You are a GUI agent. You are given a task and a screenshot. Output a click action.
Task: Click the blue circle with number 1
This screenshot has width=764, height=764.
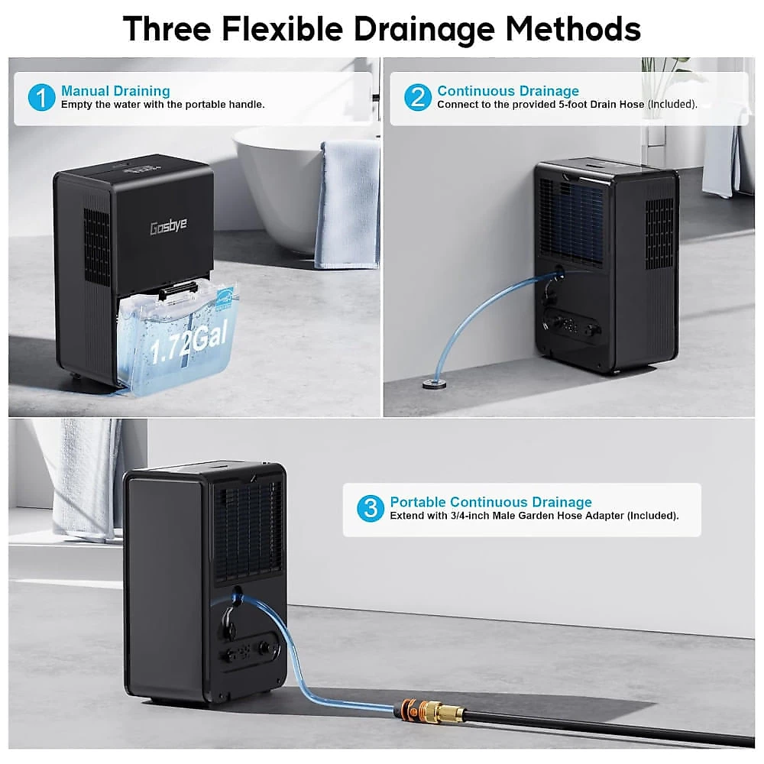[41, 97]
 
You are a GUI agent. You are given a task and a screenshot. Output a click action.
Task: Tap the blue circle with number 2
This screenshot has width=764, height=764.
[418, 97]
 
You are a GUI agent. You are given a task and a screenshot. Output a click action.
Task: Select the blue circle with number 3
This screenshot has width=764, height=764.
[371, 509]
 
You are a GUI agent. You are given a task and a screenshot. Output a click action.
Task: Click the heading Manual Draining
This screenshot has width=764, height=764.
[115, 91]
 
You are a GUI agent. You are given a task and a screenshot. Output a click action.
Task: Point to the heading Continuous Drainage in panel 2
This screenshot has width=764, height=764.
[508, 91]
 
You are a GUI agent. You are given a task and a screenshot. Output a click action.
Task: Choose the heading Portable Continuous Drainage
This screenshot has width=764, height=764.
[490, 502]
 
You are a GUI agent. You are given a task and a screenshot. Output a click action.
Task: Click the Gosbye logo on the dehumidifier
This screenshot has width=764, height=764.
[169, 226]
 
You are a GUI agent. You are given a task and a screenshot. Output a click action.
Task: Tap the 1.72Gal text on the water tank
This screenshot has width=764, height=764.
[189, 343]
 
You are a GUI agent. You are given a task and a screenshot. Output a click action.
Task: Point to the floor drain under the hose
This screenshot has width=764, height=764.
[434, 384]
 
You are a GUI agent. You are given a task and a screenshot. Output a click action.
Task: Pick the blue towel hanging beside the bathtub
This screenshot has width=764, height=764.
[348, 205]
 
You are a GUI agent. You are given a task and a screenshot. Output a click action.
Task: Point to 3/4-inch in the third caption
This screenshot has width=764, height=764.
[470, 516]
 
